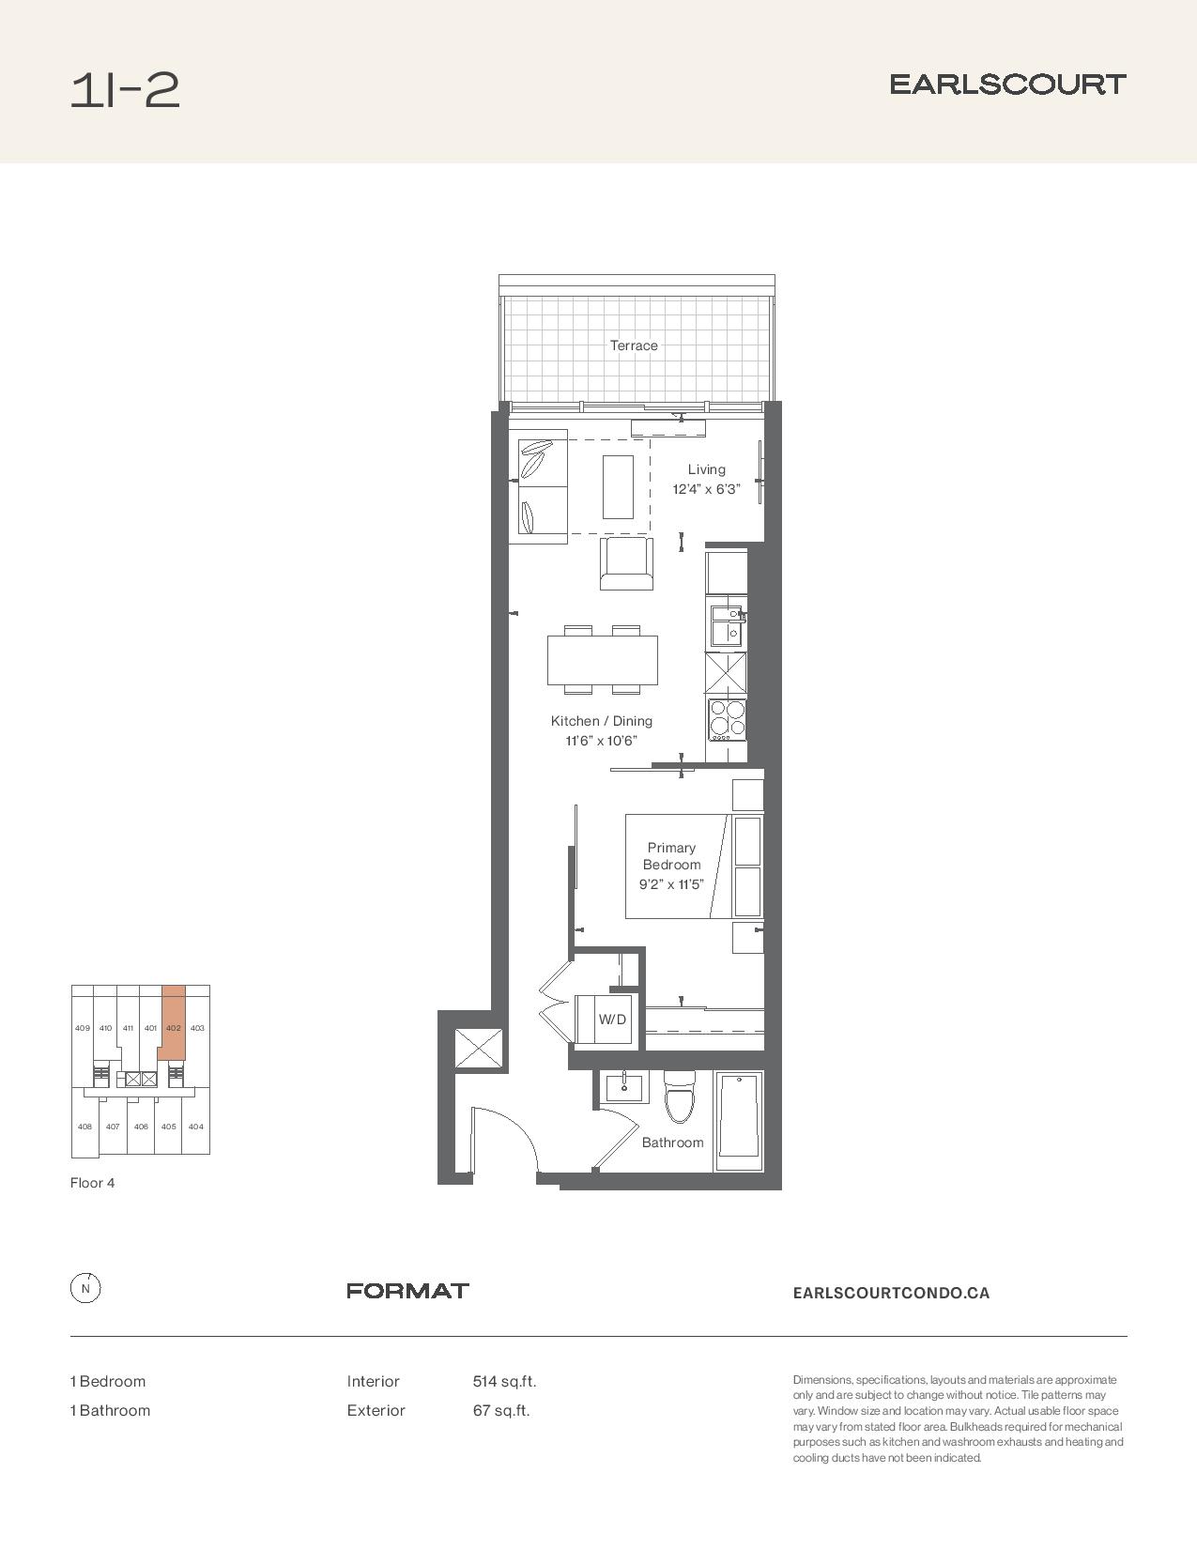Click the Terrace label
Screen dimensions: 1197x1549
(634, 345)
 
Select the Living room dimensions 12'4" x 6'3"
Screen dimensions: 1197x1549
(707, 490)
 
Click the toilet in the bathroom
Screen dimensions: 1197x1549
(679, 1097)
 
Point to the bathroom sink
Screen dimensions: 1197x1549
(624, 1088)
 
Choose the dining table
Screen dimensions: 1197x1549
(603, 660)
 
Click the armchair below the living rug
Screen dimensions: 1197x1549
(626, 563)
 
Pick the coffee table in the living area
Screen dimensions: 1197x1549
(618, 487)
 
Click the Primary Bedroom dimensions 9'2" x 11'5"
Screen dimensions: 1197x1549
(671, 884)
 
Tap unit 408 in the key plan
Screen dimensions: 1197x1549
(84, 1127)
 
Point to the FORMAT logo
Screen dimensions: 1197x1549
(407, 1291)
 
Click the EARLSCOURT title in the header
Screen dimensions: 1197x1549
(1008, 84)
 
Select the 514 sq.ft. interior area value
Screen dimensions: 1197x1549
(505, 1382)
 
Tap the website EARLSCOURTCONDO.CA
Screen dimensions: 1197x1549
(891, 1293)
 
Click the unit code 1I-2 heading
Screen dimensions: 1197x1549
(125, 91)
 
